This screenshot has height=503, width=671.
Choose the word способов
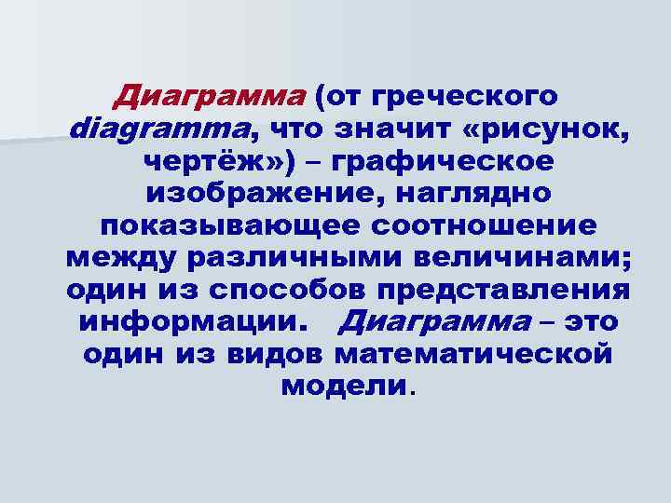click(x=280, y=291)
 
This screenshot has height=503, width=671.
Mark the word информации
click(x=193, y=323)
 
